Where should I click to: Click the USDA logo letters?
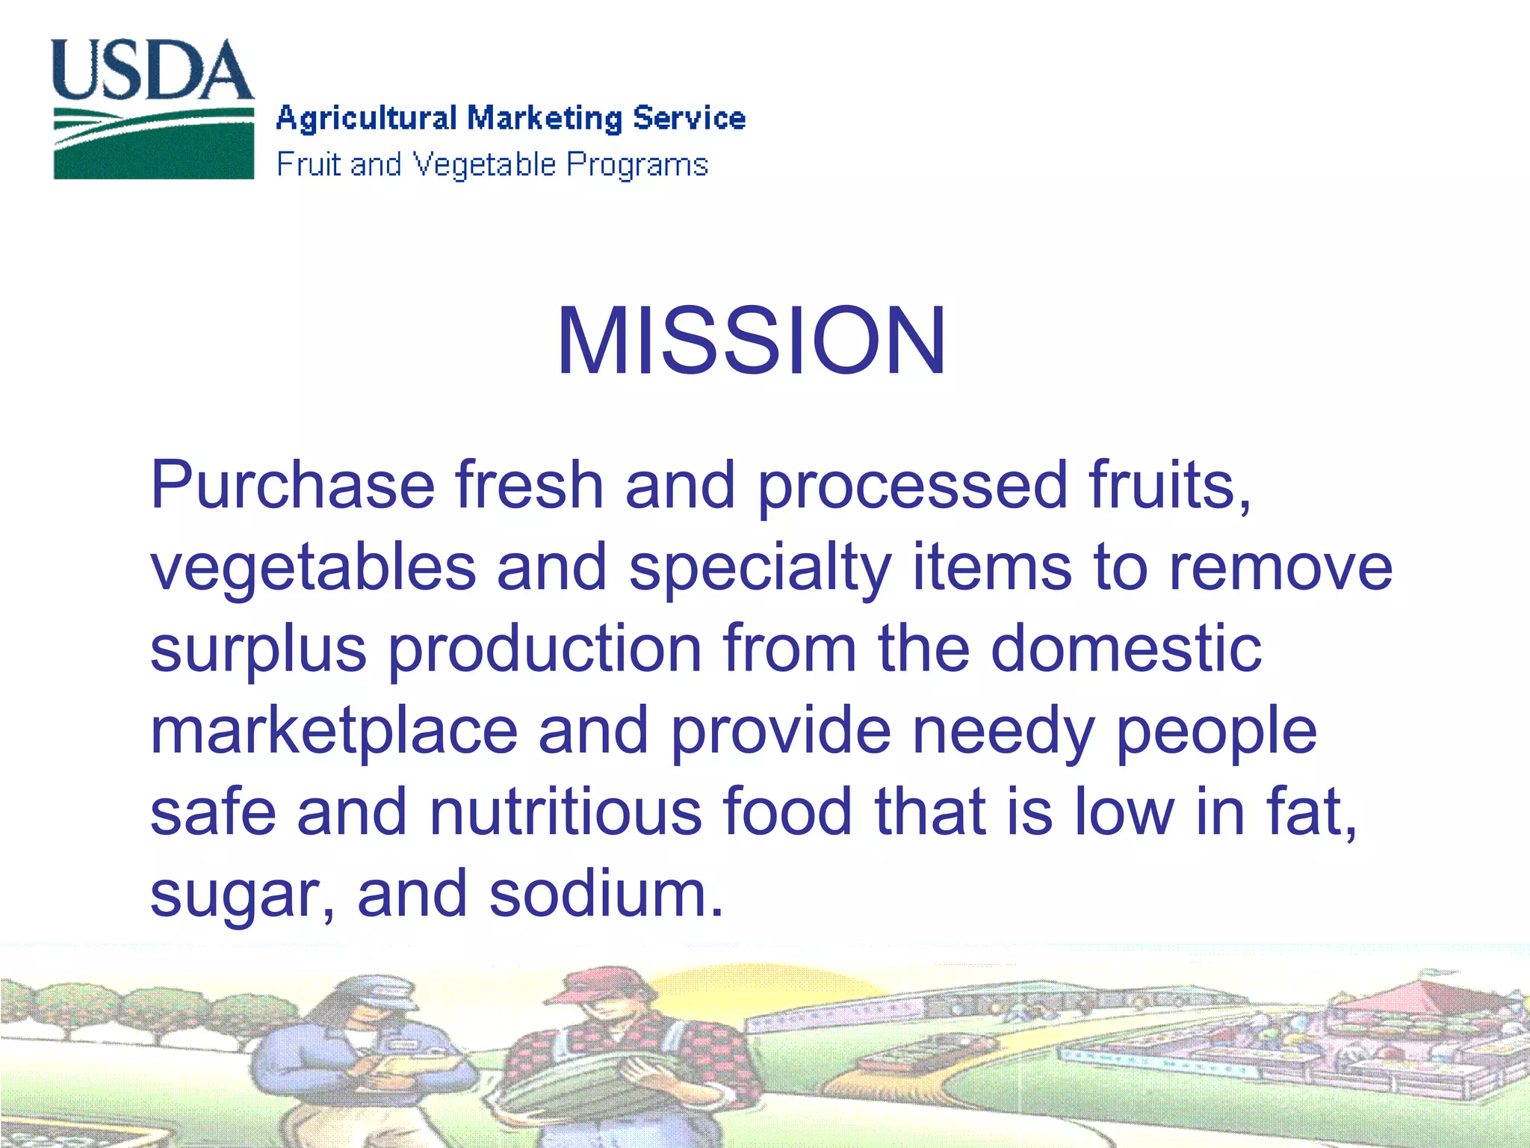point(152,70)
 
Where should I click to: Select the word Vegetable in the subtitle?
point(485,165)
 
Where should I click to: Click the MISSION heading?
point(752,342)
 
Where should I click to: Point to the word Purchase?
point(292,486)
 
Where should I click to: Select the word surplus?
point(258,650)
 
